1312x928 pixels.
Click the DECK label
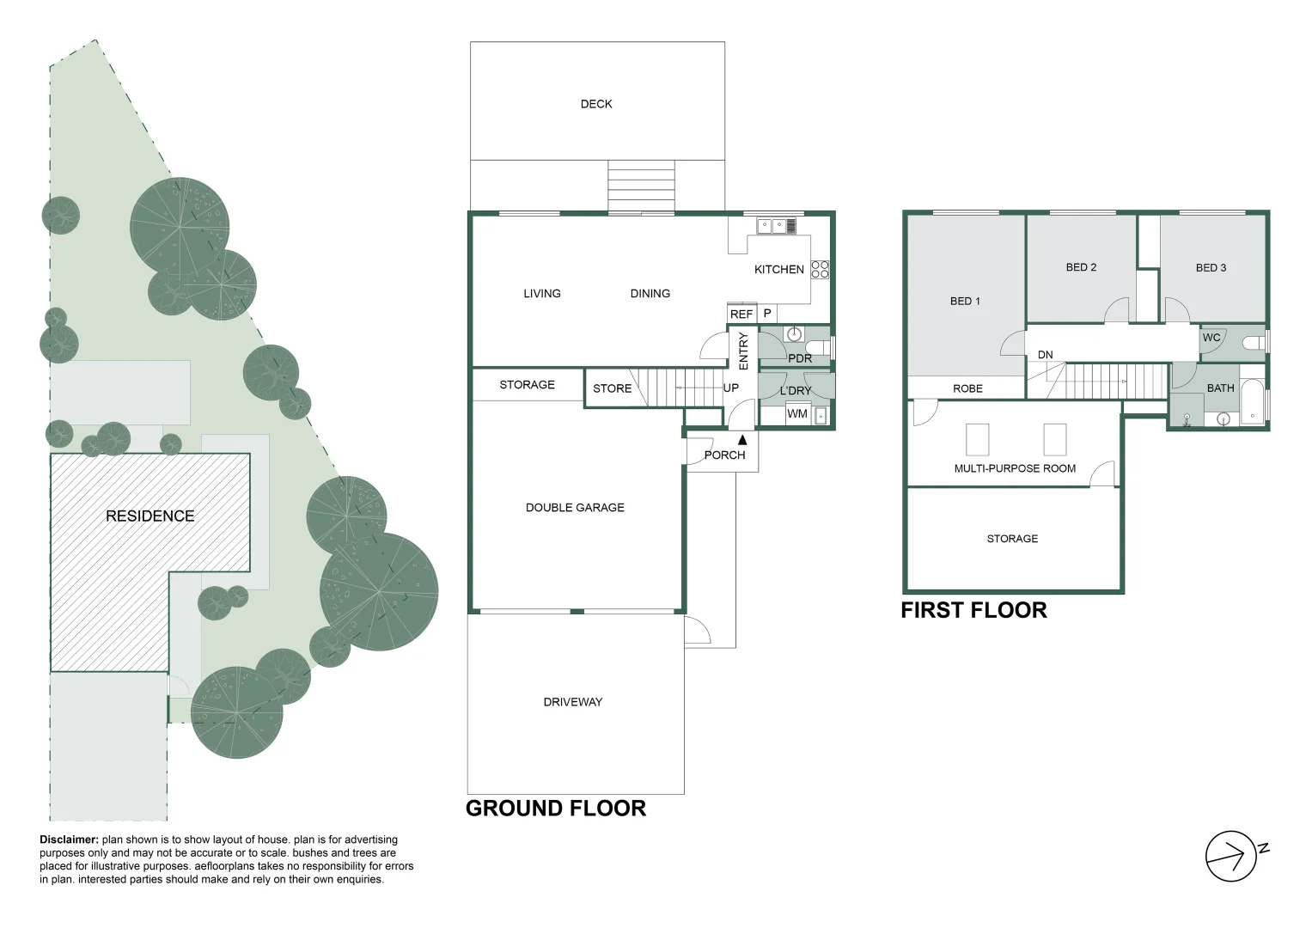point(596,104)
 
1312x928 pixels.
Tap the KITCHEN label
point(778,269)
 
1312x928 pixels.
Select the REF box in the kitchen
point(741,314)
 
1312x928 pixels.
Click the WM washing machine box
point(796,414)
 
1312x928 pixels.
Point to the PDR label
point(799,358)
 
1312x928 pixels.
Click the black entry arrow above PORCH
point(743,439)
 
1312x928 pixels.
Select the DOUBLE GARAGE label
point(575,508)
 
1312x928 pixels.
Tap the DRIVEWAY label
point(573,702)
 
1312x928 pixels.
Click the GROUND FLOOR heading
point(555,809)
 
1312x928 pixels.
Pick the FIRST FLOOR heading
point(973,611)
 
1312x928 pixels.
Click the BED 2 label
point(1081,267)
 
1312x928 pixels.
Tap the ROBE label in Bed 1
point(967,388)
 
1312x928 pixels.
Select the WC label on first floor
point(1211,338)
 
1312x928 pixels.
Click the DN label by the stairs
point(1045,355)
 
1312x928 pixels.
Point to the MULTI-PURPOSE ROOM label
point(1015,469)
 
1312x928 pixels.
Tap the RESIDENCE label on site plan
point(150,516)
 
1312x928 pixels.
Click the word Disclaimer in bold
point(69,839)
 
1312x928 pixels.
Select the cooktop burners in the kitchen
point(821,269)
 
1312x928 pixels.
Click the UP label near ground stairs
point(730,388)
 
